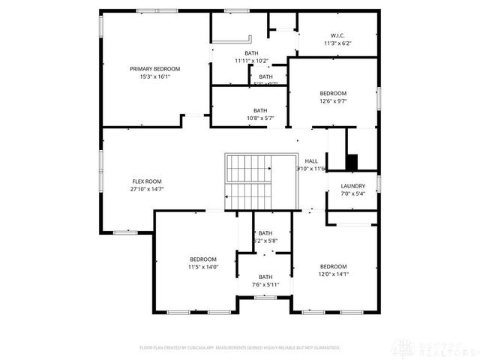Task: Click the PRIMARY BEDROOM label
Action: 154,68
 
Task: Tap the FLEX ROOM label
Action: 147,181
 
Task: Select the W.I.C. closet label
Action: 337,35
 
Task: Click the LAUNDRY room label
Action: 352,186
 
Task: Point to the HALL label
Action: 311,161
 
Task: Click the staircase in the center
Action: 250,182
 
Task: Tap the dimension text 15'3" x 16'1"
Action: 154,76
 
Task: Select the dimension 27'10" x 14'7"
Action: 147,190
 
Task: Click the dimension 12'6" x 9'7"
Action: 333,102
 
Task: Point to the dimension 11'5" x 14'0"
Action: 202,267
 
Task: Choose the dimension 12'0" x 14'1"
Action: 333,274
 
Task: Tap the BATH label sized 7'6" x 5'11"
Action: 265,277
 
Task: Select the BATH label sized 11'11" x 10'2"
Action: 251,52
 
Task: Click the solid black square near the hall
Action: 351,161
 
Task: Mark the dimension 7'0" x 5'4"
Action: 352,194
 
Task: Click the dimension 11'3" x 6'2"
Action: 337,43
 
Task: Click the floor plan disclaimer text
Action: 240,348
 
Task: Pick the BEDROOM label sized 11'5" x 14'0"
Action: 202,259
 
